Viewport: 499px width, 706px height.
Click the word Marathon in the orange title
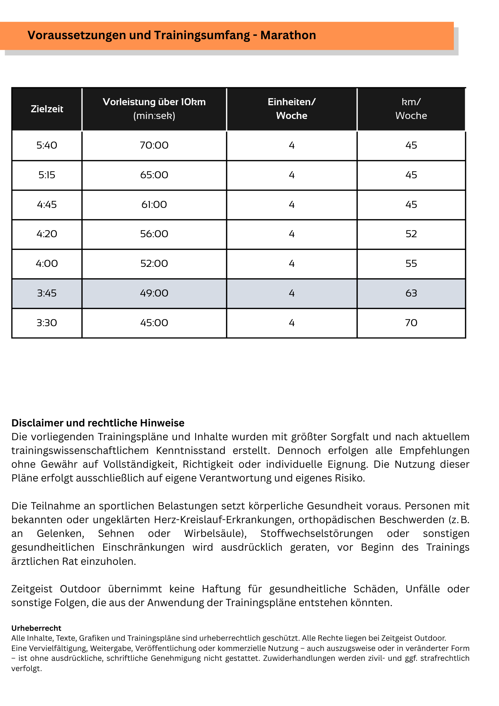288,35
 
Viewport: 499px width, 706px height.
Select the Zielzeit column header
47,109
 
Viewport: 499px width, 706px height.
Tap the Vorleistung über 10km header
154,109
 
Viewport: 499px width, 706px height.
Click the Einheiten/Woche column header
291,109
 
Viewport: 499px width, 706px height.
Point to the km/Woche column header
411,109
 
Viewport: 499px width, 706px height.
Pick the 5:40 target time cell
47,145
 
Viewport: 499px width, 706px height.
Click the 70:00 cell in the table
154,145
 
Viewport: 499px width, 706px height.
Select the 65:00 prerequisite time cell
154,175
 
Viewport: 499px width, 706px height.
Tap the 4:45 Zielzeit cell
47,205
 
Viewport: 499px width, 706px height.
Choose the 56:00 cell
154,234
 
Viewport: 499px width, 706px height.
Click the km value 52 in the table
411,234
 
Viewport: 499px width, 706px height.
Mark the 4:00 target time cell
47,264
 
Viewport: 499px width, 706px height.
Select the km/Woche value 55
411,264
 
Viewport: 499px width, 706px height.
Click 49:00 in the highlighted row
154,293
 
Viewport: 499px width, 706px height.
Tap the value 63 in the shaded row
411,293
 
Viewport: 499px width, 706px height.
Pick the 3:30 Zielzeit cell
47,323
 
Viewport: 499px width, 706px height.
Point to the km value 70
411,323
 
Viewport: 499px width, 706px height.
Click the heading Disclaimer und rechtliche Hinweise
98,423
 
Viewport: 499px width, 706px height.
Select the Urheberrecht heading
36,628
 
